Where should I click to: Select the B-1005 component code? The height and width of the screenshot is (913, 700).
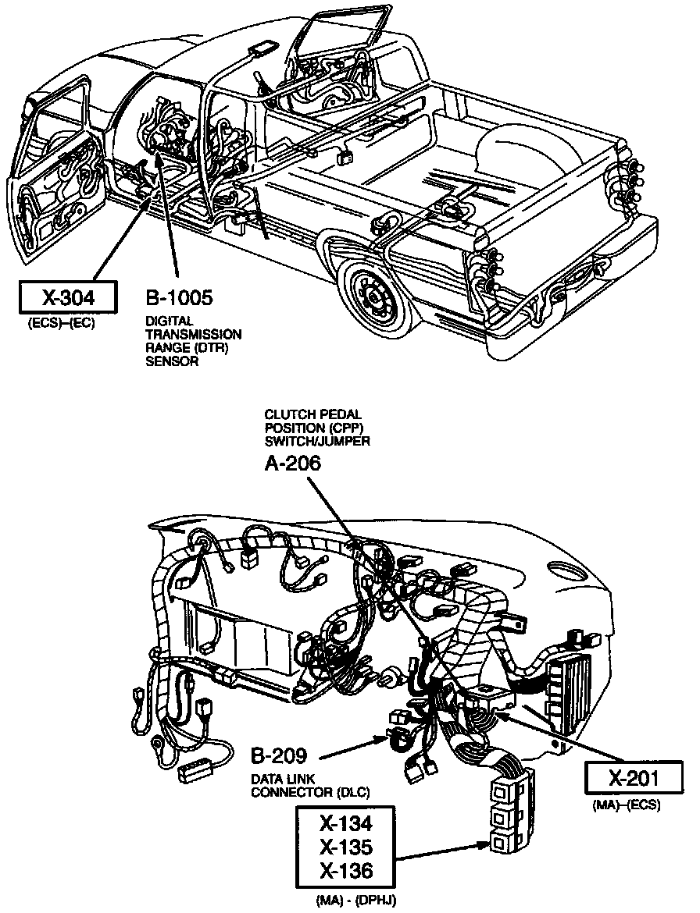179,298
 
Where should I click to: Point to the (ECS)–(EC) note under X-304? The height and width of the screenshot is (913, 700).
61,323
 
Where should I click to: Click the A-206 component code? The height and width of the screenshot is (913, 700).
292,464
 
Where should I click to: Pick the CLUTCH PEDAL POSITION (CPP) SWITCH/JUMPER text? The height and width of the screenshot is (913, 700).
316,427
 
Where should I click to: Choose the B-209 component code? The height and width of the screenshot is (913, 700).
278,755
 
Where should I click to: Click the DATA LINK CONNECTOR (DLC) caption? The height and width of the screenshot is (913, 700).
310,786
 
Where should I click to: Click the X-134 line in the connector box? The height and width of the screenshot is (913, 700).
345,824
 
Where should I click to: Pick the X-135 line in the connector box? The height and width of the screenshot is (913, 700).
345,847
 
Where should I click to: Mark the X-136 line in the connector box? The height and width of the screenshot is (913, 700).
345,871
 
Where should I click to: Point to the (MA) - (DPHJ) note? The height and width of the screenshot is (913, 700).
357,901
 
